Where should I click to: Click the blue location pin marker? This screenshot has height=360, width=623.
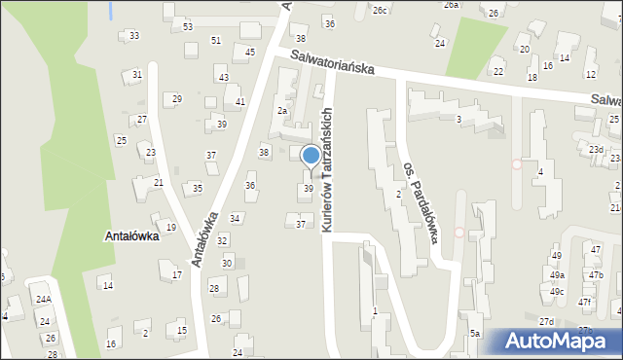[311, 157]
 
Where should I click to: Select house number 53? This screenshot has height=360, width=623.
[188, 26]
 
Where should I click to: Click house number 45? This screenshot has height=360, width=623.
[250, 52]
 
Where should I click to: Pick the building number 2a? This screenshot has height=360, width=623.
[281, 111]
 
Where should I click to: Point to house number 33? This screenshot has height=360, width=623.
[133, 36]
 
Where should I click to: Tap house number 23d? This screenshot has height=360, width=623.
[596, 149]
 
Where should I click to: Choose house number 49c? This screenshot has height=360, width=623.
[556, 292]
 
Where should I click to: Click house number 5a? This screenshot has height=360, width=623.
[475, 334]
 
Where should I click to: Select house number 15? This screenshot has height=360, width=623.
[182, 331]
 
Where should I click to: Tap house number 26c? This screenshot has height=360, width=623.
[380, 10]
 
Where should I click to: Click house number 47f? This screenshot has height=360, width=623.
[584, 303]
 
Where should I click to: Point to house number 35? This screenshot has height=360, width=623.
[198, 188]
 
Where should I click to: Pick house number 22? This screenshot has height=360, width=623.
[498, 71]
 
